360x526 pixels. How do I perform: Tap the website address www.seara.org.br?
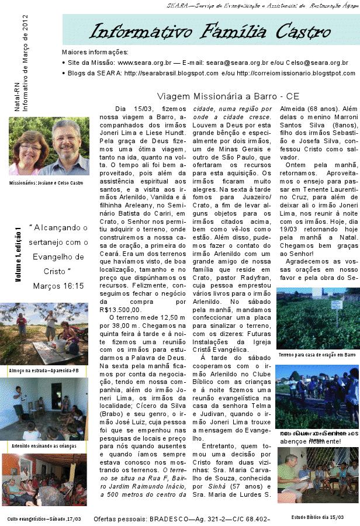pos(144,62)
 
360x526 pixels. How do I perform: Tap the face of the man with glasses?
pos(65,138)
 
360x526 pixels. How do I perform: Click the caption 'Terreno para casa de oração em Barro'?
pos(317,355)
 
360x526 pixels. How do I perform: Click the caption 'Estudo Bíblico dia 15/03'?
pos(317,517)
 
